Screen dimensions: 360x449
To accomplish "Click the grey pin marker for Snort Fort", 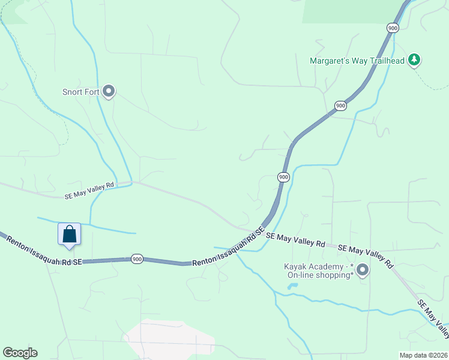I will point(109,91).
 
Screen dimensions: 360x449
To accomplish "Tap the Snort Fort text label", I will point(80,92).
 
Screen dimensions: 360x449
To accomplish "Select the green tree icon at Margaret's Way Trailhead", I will point(414,60).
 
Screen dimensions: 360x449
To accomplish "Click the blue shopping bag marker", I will point(69,235).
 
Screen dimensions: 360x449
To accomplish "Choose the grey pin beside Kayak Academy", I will point(362,270).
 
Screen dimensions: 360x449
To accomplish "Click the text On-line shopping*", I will point(320,275).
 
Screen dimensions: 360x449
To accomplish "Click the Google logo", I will point(20,353).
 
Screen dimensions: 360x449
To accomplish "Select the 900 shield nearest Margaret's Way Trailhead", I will point(393,28).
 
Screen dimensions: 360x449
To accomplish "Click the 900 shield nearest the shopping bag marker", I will point(137,259).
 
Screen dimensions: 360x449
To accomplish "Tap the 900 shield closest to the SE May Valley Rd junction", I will point(283,177).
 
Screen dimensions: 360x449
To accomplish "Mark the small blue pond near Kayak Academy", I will point(292,286).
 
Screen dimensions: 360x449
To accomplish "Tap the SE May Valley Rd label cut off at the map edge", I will point(433,320).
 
